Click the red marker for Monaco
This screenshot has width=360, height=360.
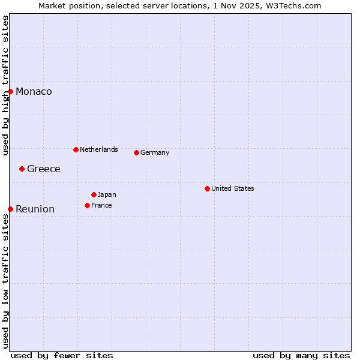(11, 91)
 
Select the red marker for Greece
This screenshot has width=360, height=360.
(22, 169)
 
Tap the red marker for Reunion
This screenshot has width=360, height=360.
(11, 209)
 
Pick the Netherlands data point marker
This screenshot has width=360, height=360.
(76, 149)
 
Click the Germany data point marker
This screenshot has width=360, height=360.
(136, 152)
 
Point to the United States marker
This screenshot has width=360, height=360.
(207, 188)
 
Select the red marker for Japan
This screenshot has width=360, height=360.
(94, 194)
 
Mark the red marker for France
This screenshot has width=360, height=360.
(87, 205)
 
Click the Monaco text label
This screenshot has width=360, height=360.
(34, 92)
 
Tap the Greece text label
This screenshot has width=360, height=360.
(44, 169)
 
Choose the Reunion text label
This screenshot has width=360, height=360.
(35, 209)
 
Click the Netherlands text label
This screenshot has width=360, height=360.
(99, 149)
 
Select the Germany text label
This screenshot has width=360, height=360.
(155, 153)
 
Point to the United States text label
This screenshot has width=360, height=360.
(233, 188)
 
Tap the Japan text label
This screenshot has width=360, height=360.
(107, 194)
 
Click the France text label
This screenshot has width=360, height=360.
(101, 205)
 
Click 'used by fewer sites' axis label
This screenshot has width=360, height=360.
(62, 355)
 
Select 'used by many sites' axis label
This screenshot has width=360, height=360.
(301, 355)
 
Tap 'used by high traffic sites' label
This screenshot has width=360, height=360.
(5, 85)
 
